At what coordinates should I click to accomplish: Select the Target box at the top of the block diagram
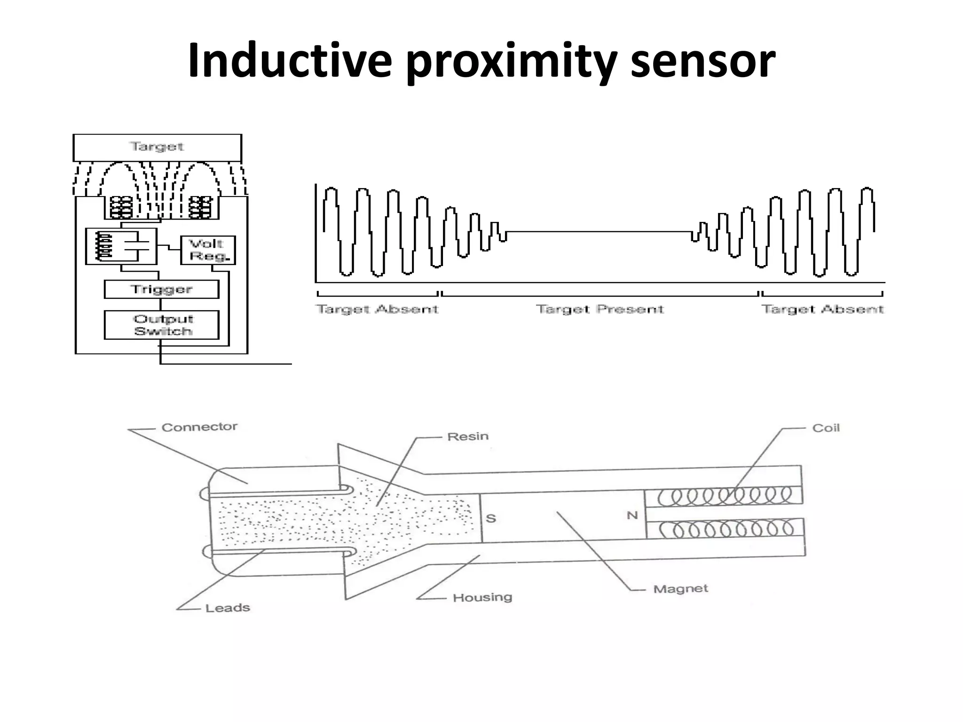(x=157, y=147)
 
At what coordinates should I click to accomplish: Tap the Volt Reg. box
(x=208, y=250)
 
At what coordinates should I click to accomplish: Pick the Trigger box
(x=161, y=289)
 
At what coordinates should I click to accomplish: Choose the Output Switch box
(x=161, y=325)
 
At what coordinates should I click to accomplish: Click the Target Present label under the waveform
(x=600, y=309)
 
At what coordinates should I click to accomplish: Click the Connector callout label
(x=199, y=427)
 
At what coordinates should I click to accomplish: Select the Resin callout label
(x=468, y=437)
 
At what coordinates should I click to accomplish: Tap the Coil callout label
(x=826, y=428)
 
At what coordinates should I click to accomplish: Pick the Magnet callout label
(x=680, y=589)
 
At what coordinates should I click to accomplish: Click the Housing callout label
(x=482, y=597)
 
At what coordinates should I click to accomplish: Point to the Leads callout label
(x=228, y=608)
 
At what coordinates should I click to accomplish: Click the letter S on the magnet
(x=491, y=518)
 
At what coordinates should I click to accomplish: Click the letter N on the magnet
(x=632, y=516)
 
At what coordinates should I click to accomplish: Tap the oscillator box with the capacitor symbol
(x=121, y=246)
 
